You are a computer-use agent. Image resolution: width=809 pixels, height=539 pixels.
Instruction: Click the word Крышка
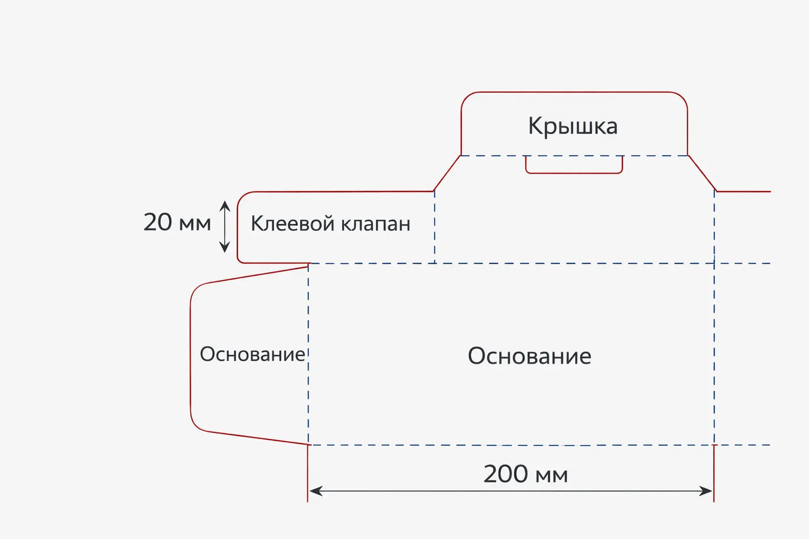(x=573, y=127)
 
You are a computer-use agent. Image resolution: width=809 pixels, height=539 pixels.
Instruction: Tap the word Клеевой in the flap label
(x=293, y=223)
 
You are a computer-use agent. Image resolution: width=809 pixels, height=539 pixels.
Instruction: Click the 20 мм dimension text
(x=177, y=222)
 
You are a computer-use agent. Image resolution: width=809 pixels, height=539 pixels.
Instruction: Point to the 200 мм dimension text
(x=526, y=474)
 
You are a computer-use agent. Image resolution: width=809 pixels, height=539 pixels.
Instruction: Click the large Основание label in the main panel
(x=529, y=356)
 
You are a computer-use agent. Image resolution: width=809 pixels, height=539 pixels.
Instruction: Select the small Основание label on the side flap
(x=252, y=354)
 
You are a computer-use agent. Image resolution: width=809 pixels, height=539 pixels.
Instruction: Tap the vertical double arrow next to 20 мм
(x=225, y=227)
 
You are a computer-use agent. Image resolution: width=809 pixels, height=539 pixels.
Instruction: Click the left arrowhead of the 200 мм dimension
(x=315, y=491)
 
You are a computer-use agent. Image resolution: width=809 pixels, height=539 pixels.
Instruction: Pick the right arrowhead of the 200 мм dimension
(x=706, y=491)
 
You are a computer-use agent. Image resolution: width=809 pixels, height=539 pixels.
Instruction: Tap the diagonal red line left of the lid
(x=447, y=173)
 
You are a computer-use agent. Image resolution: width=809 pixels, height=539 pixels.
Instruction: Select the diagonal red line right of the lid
(x=702, y=173)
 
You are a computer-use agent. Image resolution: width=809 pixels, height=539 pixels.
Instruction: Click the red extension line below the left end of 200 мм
(x=308, y=473)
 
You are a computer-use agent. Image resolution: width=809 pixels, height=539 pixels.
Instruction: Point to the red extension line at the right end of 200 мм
(x=714, y=473)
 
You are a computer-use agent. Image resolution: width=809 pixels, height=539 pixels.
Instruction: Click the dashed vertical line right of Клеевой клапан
(x=435, y=227)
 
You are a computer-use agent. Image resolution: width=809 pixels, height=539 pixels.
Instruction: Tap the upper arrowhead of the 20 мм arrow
(x=225, y=206)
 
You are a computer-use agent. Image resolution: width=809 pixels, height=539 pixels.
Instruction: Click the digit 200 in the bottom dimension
(x=506, y=474)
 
